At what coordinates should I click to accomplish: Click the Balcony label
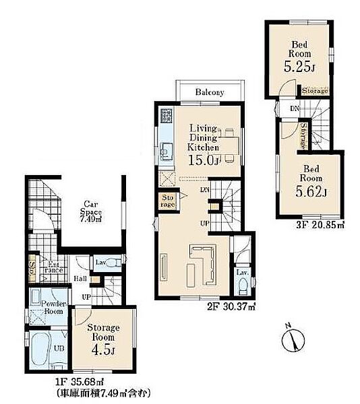[x=210, y=92]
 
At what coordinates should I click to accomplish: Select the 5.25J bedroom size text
[x=299, y=67]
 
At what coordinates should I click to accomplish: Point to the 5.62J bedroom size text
[x=311, y=191]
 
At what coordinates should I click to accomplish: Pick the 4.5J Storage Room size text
[x=103, y=350]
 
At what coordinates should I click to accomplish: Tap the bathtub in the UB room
[x=40, y=350]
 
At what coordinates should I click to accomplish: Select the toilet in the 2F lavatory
[x=243, y=287]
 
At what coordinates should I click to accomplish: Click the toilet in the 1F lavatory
[x=113, y=263]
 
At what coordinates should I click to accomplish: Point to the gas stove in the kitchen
[x=167, y=116]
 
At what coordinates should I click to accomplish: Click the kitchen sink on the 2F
[x=167, y=151]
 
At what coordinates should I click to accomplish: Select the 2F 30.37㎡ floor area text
[x=231, y=306]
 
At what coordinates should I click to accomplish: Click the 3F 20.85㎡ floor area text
[x=320, y=225]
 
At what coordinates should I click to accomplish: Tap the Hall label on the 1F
[x=80, y=279]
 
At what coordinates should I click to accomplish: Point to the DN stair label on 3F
[x=295, y=108]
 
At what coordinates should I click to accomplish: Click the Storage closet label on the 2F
[x=168, y=201]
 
